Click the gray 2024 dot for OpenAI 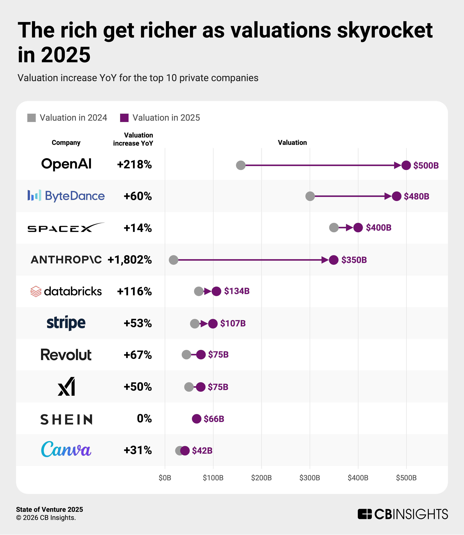pyautogui.click(x=241, y=165)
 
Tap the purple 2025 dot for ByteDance pyautogui.click(x=396, y=196)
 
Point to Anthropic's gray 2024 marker pyautogui.click(x=173, y=260)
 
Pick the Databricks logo pyautogui.click(x=66, y=291)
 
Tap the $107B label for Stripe pyautogui.click(x=233, y=323)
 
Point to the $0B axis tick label pyautogui.click(x=165, y=478)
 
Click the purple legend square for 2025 pyautogui.click(x=124, y=118)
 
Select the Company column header pyautogui.click(x=66, y=143)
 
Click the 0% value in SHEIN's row pyautogui.click(x=144, y=418)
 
